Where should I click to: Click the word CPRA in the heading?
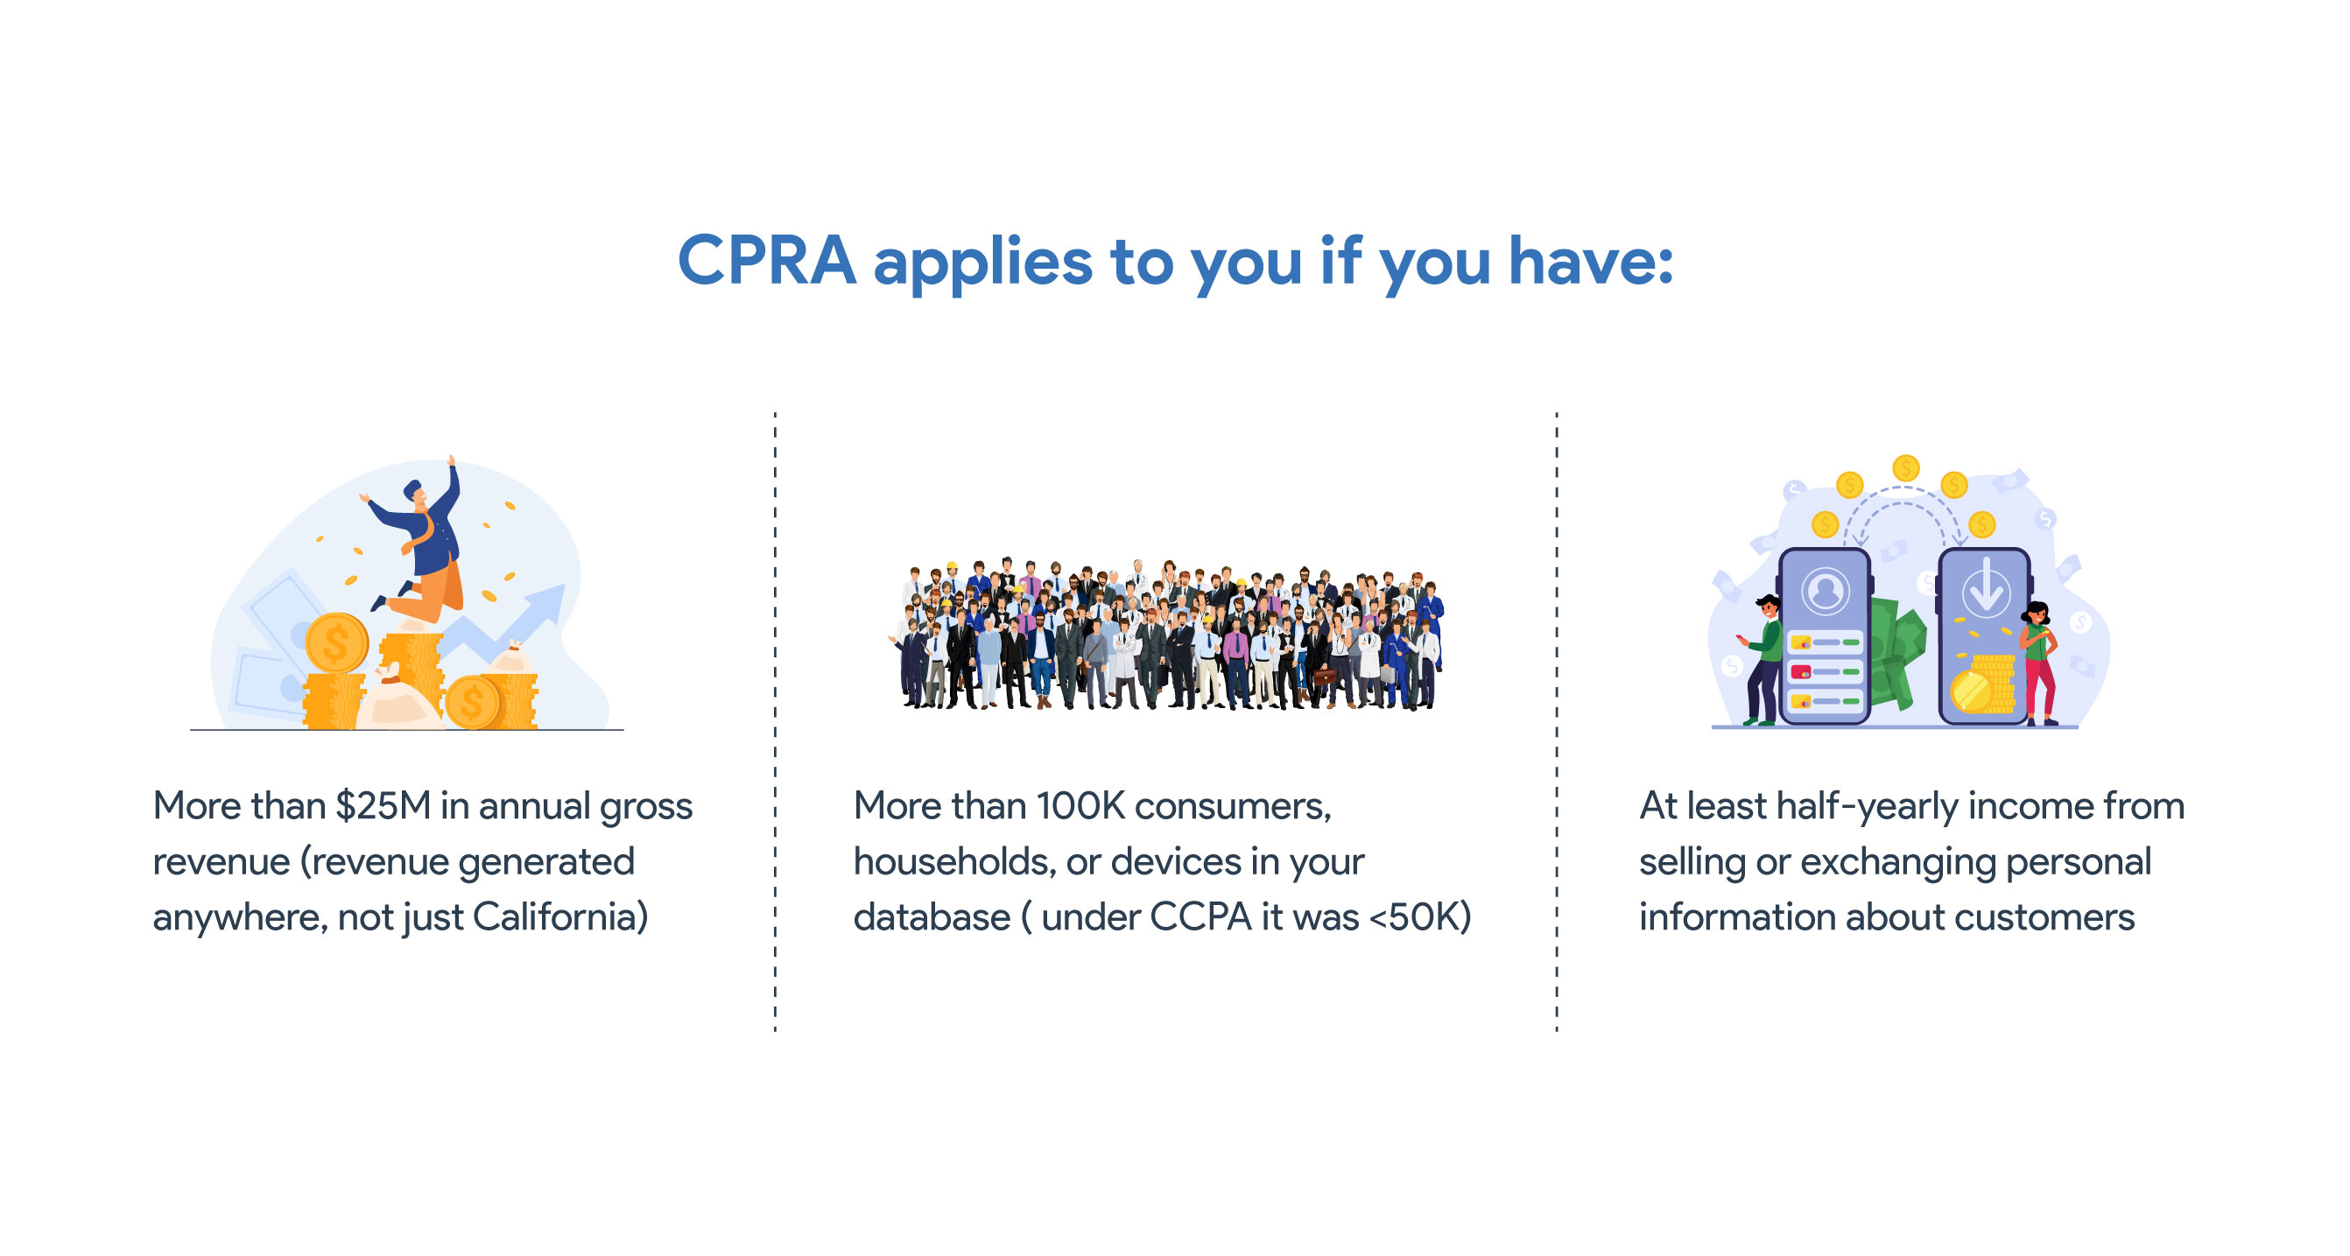coord(766,261)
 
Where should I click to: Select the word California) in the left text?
coord(560,916)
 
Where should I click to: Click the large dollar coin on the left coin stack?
coord(336,643)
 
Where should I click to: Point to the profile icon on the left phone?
coord(1826,591)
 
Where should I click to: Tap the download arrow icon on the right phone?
coord(1986,586)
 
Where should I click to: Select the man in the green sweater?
coord(1763,659)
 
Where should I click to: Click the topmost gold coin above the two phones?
coord(1906,469)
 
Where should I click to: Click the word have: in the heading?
coord(1591,261)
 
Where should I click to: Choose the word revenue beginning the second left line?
coord(222,862)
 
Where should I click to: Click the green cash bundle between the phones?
coord(1896,649)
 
